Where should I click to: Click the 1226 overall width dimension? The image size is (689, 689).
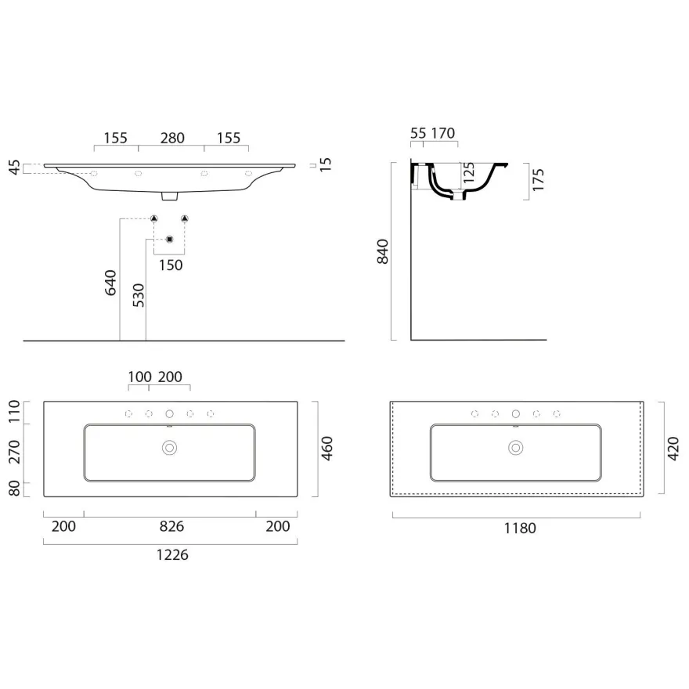click(172, 555)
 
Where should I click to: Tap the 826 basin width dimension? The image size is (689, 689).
click(171, 526)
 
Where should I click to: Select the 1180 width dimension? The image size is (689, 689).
click(520, 528)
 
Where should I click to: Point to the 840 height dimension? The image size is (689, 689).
click(383, 251)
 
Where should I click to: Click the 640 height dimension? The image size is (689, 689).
click(110, 283)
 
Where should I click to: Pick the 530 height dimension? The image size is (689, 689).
click(139, 295)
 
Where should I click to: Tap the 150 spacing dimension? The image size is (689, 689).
click(171, 265)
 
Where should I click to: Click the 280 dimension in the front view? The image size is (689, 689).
click(172, 138)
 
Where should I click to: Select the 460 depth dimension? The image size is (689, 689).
click(327, 449)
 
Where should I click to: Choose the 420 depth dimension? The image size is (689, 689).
click(673, 449)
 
